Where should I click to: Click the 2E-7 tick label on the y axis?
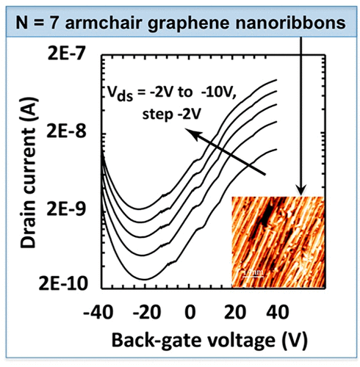tap(67, 54)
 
